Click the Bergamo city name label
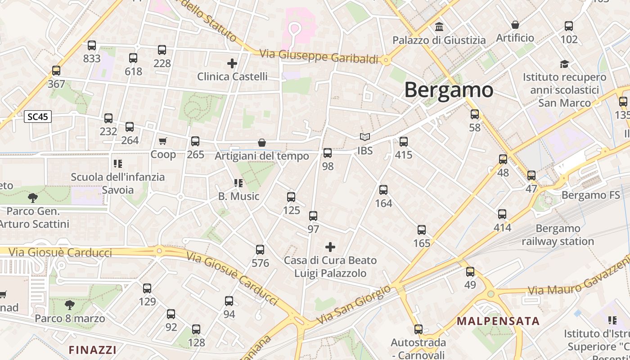(449, 90)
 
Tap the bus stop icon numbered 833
(92, 45)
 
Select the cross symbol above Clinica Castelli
(232, 63)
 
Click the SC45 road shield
(38, 117)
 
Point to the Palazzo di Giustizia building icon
(439, 27)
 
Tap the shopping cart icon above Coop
(163, 141)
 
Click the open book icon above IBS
(365, 137)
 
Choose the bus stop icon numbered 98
(328, 153)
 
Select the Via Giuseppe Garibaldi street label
(319, 56)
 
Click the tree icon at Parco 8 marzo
(70, 305)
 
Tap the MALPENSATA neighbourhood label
(498, 321)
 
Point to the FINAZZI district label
(92, 350)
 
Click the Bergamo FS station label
(590, 195)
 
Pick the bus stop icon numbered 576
(260, 250)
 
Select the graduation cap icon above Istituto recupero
(564, 64)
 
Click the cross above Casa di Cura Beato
(330, 247)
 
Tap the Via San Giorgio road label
(354, 305)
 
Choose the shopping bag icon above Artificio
(515, 25)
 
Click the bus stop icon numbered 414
(502, 214)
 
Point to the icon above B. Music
(238, 183)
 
